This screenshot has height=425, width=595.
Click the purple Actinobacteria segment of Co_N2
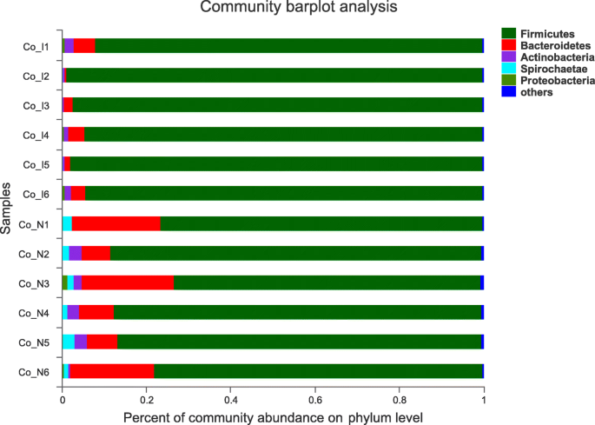(x=75, y=253)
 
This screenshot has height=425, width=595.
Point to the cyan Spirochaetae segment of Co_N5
(x=68, y=342)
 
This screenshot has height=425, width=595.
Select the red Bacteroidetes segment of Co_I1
(x=84, y=45)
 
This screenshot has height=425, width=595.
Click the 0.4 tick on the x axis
(x=230, y=402)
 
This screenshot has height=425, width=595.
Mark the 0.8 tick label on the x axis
(x=399, y=402)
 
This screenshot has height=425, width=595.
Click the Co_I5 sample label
(x=36, y=164)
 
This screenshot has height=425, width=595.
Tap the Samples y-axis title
(x=8, y=208)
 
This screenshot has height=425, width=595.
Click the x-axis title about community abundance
(x=273, y=417)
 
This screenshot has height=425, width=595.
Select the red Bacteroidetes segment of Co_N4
(x=96, y=312)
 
